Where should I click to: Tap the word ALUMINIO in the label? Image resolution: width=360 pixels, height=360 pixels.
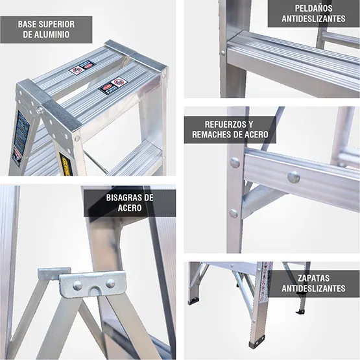point(53,34)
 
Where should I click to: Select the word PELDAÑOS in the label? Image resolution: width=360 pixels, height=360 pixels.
point(313,8)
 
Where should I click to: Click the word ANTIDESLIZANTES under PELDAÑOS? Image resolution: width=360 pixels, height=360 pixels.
point(313,19)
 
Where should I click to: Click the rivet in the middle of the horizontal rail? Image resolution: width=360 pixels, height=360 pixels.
point(294,176)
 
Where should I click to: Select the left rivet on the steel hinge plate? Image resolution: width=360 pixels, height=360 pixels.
point(77,285)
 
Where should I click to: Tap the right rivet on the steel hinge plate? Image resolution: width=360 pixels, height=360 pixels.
point(110,283)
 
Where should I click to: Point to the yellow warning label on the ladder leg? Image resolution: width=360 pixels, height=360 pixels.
point(66,162)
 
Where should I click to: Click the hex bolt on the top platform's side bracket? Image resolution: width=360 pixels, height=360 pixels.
point(40,110)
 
